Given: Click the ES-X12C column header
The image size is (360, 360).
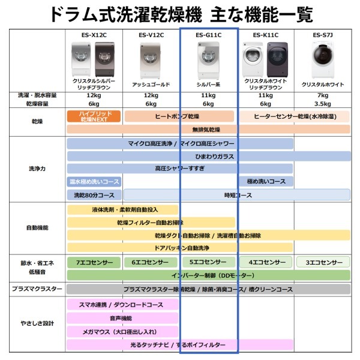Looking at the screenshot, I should coord(94,35).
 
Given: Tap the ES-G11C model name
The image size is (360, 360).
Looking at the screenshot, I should coord(208,35).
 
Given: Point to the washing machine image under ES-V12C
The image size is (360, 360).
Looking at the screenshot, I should coord(151,58).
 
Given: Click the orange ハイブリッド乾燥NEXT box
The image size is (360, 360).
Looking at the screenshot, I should coord(94,116).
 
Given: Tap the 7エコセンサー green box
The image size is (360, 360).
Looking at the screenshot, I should coord(94,262).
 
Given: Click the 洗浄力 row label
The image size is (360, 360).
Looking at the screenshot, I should coord(37,169).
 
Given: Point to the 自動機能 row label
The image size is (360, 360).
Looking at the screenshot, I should coord(37,228).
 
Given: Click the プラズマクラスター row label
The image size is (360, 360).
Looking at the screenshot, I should coord(37,289).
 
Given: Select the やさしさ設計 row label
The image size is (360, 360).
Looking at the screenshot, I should coord(37,323).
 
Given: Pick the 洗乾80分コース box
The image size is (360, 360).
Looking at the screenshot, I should coord(94,195).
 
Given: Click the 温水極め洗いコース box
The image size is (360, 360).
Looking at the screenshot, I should coord(94,181).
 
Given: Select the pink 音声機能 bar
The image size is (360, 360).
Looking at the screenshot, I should coord(122,318).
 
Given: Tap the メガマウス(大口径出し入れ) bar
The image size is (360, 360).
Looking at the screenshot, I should coord(122,331).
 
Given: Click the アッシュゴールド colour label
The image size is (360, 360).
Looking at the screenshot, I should coord(151,85).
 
